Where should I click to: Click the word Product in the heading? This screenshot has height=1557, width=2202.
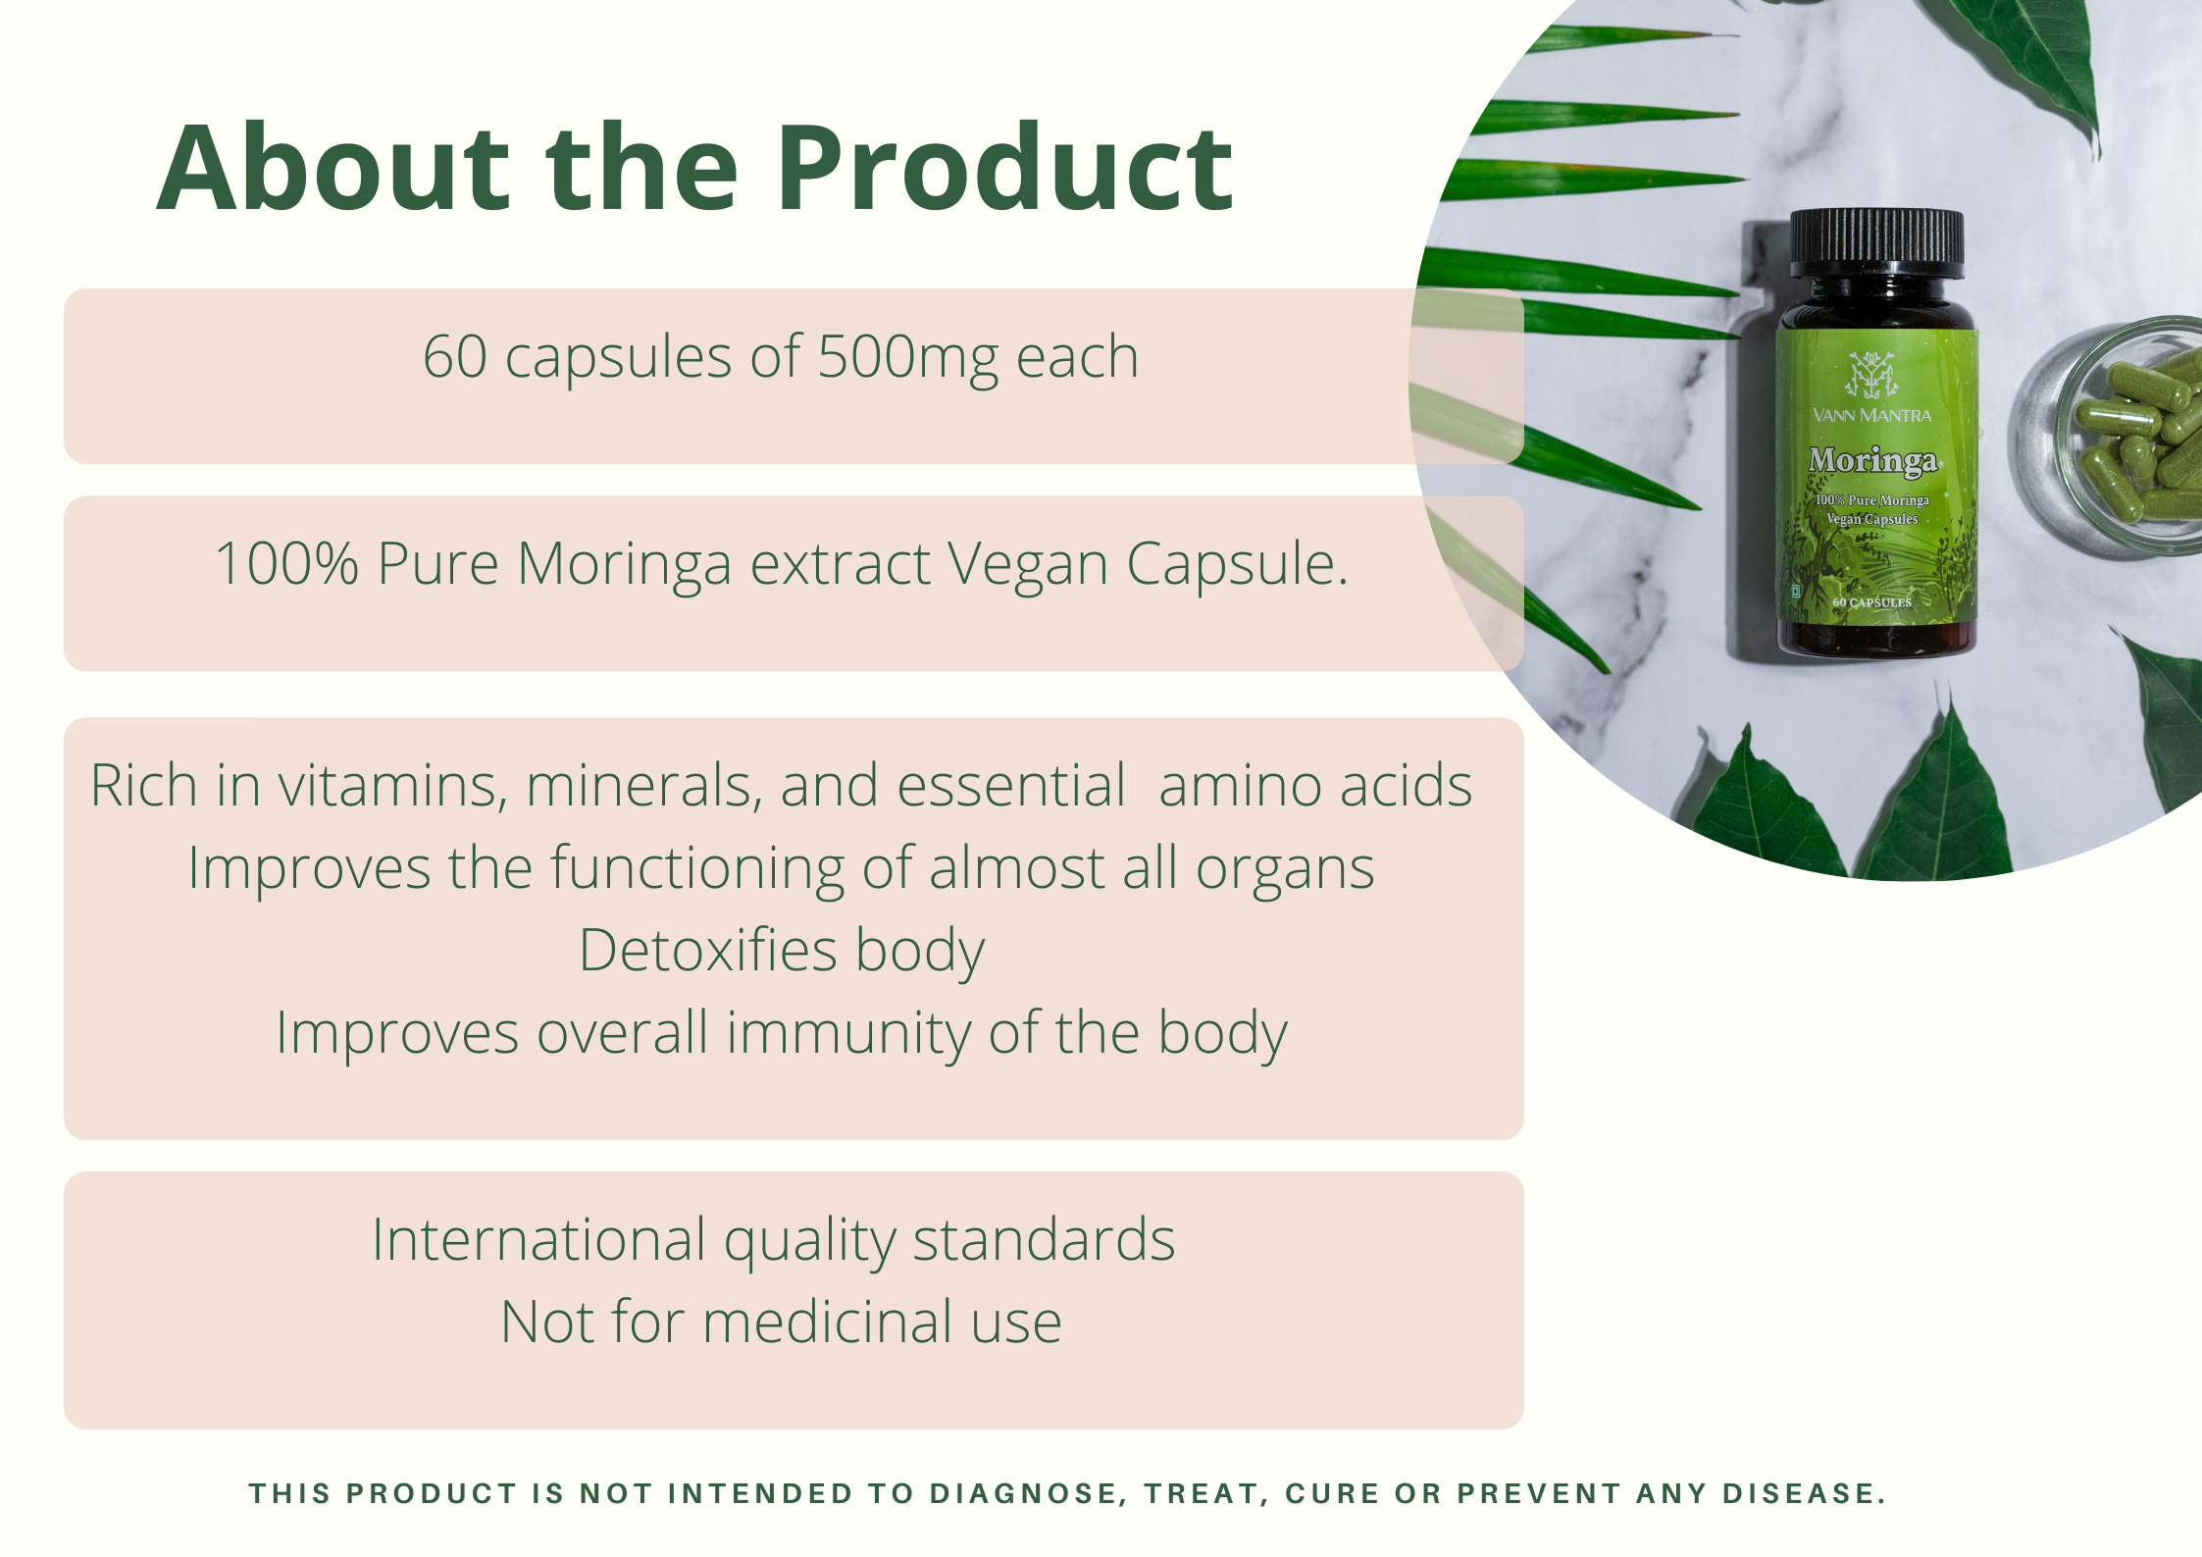point(1005,168)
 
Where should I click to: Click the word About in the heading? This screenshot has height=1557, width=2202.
point(333,168)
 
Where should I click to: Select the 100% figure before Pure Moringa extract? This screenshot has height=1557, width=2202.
point(286,564)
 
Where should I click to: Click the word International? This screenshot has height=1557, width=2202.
point(538,1239)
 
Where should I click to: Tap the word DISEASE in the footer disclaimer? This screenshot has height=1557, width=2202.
point(1804,1493)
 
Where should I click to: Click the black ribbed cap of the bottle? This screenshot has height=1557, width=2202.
point(1876,243)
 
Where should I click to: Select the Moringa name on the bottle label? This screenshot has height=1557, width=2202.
point(1872,460)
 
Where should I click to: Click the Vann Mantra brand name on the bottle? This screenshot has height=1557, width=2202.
point(1872,415)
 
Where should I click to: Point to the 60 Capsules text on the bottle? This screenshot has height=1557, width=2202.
point(1872,602)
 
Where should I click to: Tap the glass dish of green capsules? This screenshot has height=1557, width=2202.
point(2109,437)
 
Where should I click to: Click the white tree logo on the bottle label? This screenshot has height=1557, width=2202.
point(1871,375)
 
